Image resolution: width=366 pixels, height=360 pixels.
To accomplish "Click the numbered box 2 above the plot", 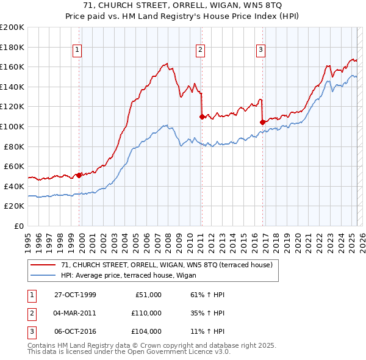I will click(x=201, y=51).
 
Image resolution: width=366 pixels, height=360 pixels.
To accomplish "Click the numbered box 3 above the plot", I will click(x=260, y=51).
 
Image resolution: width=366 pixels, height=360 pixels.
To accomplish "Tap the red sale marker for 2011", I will click(x=201, y=116).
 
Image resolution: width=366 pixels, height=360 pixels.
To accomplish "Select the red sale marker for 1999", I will click(x=79, y=175).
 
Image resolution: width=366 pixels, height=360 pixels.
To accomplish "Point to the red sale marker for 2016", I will click(x=262, y=122).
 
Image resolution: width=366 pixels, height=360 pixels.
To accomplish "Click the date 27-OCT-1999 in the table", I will click(x=75, y=295).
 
